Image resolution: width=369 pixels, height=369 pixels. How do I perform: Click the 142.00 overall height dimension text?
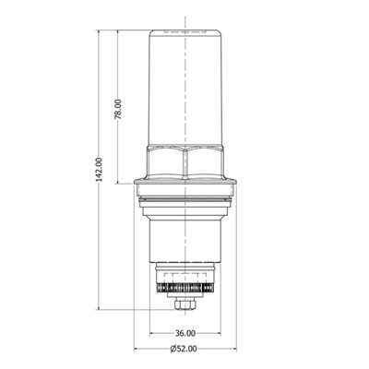[x=99, y=168]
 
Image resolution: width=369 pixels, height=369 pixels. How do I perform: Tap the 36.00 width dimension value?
[x=184, y=332]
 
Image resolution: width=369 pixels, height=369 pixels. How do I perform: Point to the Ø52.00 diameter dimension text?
[x=184, y=349]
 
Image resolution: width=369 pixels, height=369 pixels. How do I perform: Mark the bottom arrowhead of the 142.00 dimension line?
[x=103, y=311]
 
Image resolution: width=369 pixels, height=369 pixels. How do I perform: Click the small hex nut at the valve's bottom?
[x=184, y=304]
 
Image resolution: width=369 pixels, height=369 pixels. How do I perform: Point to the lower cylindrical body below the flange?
[x=184, y=231]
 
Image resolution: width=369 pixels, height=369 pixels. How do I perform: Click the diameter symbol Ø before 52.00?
[x=172, y=349]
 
